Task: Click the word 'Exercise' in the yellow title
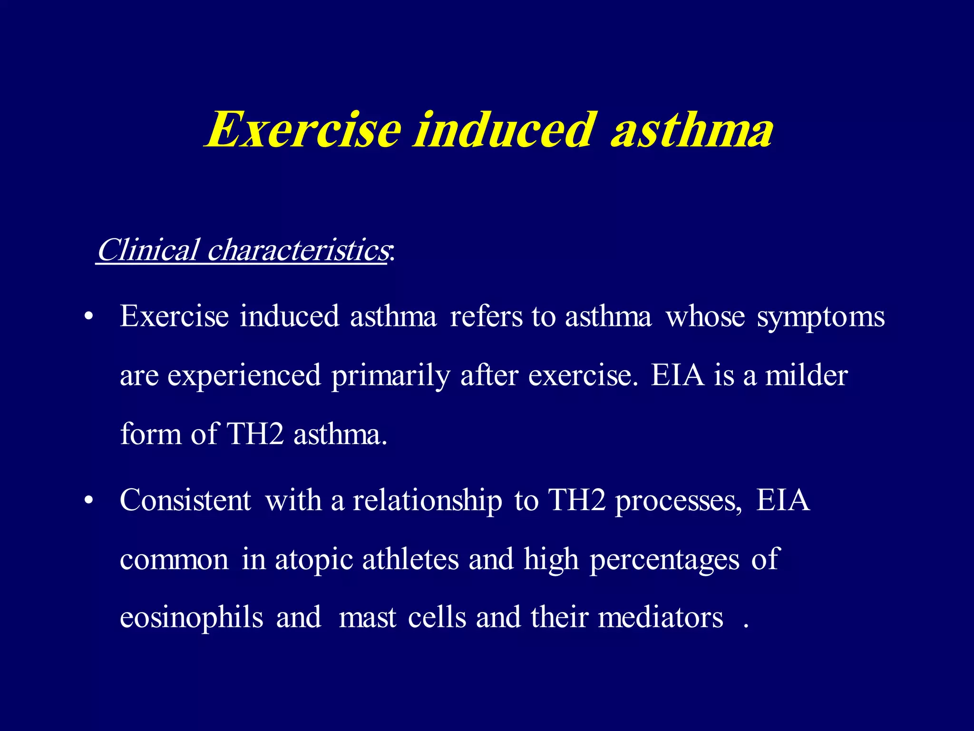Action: (304, 129)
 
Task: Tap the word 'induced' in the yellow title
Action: (504, 129)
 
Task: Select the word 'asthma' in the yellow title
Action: (692, 129)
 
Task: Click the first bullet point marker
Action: (88, 317)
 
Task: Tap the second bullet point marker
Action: (88, 502)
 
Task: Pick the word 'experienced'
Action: (244, 376)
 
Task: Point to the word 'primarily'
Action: (390, 376)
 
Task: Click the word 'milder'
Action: (806, 375)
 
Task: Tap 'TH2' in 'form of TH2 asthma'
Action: (255, 434)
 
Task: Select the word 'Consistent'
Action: (185, 501)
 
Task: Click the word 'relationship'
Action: (427, 502)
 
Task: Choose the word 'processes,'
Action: (678, 502)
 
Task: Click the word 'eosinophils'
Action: (191, 618)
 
